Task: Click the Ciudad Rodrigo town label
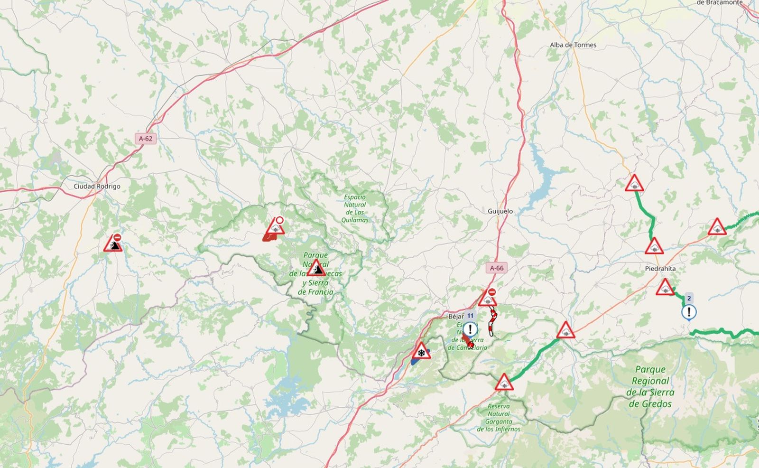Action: [x=97, y=187]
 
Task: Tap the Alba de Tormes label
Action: [x=573, y=45]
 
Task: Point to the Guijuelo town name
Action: [x=500, y=211]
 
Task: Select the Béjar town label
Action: [x=455, y=316]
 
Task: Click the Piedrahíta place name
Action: [x=660, y=269]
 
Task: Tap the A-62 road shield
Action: [x=146, y=139]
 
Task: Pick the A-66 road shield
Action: [x=497, y=268]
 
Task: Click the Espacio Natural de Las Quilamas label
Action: [x=355, y=208]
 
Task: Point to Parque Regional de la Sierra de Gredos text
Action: [x=650, y=387]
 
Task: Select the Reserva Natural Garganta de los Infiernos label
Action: [x=499, y=418]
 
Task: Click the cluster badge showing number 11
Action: [x=470, y=315]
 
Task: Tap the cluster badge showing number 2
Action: [x=689, y=298]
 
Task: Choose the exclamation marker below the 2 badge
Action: [x=689, y=312]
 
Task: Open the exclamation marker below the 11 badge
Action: [x=470, y=329]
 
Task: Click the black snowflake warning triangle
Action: [x=421, y=351]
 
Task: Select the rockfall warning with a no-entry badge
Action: [x=113, y=243]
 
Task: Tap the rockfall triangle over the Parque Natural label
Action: [x=316, y=269]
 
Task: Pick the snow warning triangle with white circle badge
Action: [x=275, y=227]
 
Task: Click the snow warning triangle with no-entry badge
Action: [x=488, y=298]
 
